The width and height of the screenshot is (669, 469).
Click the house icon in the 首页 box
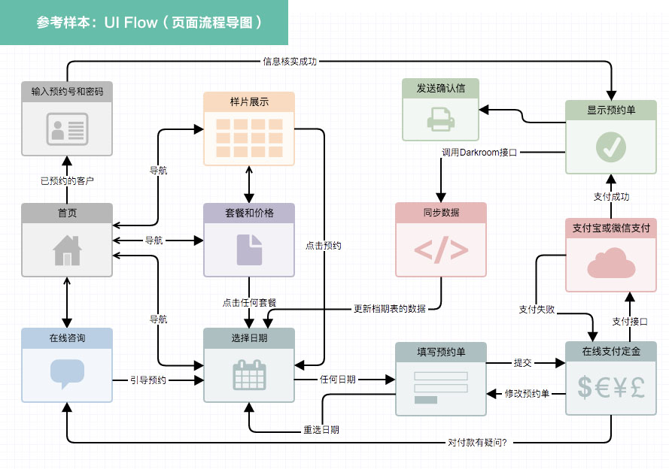[x=67, y=250]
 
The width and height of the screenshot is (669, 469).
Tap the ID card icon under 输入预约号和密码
[x=67, y=129]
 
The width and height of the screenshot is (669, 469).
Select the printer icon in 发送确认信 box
[x=440, y=119]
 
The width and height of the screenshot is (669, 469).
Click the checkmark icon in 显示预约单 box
[x=610, y=147]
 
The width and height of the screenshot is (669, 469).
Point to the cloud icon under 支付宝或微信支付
[x=610, y=265]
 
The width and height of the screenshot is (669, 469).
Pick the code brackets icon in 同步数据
[x=441, y=250]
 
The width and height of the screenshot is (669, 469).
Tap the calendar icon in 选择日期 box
[x=249, y=375]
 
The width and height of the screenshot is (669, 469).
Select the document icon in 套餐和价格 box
[x=249, y=250]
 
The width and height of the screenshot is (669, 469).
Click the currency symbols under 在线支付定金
[x=610, y=386]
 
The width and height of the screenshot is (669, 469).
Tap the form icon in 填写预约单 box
[x=441, y=386]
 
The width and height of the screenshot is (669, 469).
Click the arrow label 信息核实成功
[x=290, y=62]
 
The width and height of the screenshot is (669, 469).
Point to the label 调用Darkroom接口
[x=479, y=153]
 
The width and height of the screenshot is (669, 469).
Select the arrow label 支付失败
[x=537, y=309]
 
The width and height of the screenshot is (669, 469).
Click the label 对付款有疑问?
[x=477, y=442]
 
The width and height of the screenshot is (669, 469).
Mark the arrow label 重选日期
[x=321, y=431]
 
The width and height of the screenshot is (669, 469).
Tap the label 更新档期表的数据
[x=390, y=308]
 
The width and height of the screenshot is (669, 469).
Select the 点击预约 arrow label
[x=324, y=245]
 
